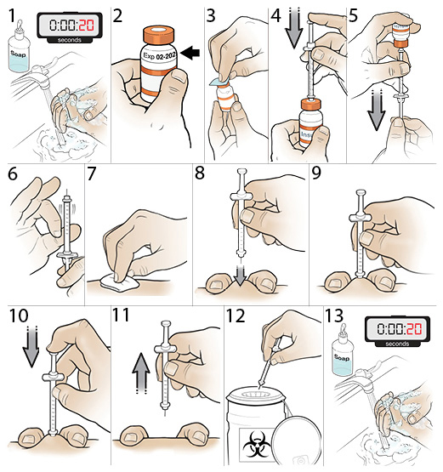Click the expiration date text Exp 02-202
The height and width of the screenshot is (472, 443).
(x=156, y=64)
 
